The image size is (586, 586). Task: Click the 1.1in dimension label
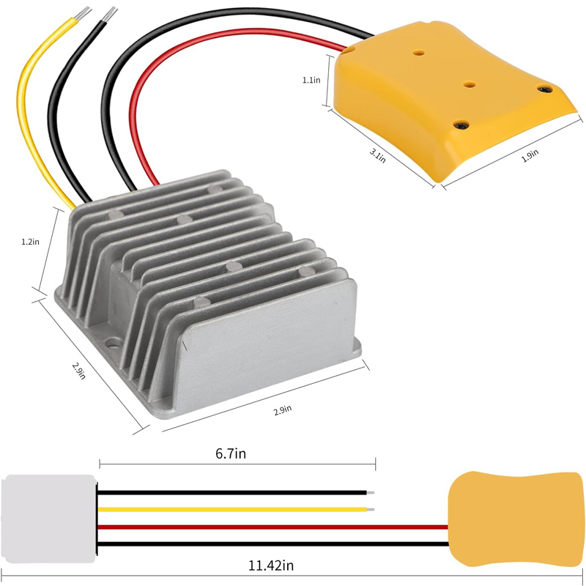tap(311, 80)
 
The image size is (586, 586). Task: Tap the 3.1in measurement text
tap(377, 155)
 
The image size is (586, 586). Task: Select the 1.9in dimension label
tap(530, 155)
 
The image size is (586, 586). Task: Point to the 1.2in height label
tap(30, 242)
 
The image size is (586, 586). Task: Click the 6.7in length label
tap(231, 453)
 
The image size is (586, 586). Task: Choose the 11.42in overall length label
tap(271, 565)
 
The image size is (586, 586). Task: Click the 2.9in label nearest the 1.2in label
tap(79, 371)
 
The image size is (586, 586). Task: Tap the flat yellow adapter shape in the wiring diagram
tap(515, 519)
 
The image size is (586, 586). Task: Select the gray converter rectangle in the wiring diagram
tap(48, 519)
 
